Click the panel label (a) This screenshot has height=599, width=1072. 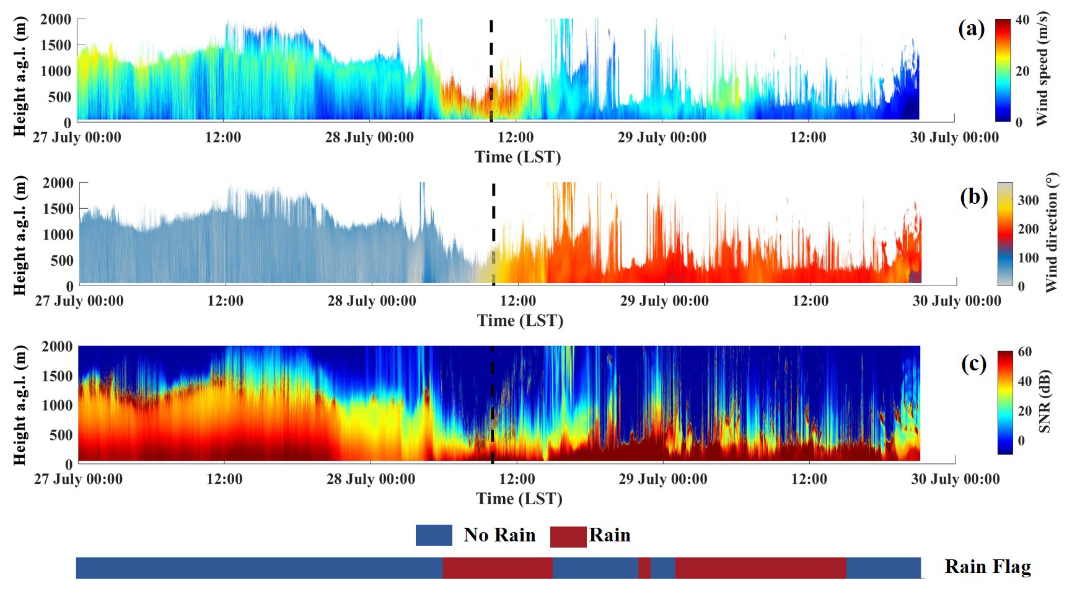pos(971,28)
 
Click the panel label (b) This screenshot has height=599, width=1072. pos(973,196)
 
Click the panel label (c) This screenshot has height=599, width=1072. pos(973,363)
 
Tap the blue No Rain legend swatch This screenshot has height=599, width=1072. pos(434,535)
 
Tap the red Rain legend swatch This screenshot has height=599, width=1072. pos(568,536)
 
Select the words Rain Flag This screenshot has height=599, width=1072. pos(988,567)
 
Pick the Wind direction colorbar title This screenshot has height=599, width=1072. pos(1052,233)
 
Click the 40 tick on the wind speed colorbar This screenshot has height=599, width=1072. pos(1022,20)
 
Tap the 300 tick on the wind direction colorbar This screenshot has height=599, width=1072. pos(1028,200)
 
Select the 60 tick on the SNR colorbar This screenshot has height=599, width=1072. pos(1025,352)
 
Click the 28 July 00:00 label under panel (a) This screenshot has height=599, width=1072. pos(369,138)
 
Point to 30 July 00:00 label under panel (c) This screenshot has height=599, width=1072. pos(956,479)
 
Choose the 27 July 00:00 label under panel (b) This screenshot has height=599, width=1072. pos(79,301)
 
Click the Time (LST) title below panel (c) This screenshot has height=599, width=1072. pos(519,499)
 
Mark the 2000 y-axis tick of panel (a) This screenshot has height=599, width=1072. pos(56,19)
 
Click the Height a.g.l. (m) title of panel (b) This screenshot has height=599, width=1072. pos(20,235)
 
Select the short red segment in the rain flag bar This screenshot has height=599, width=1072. pos(644,568)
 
